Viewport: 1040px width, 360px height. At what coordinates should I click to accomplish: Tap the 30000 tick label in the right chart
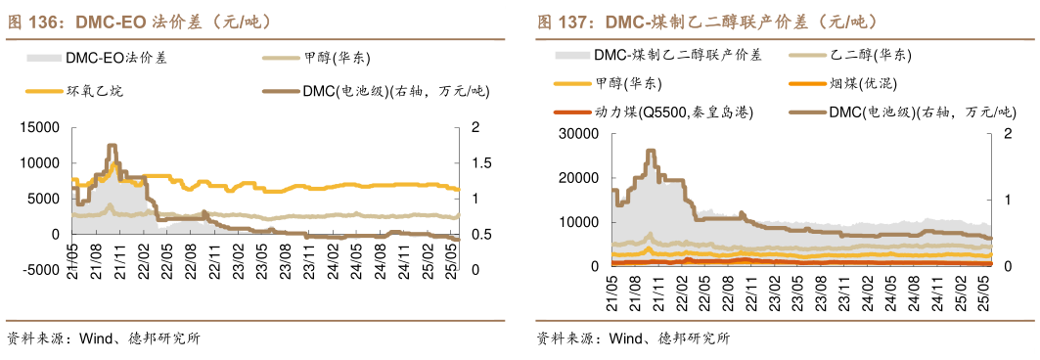pos(577,133)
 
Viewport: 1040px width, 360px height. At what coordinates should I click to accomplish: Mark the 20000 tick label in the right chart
pos(577,177)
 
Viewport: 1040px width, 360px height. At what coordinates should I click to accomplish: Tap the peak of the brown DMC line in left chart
pos(112,146)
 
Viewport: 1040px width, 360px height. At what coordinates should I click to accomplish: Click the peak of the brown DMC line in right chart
pos(651,152)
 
